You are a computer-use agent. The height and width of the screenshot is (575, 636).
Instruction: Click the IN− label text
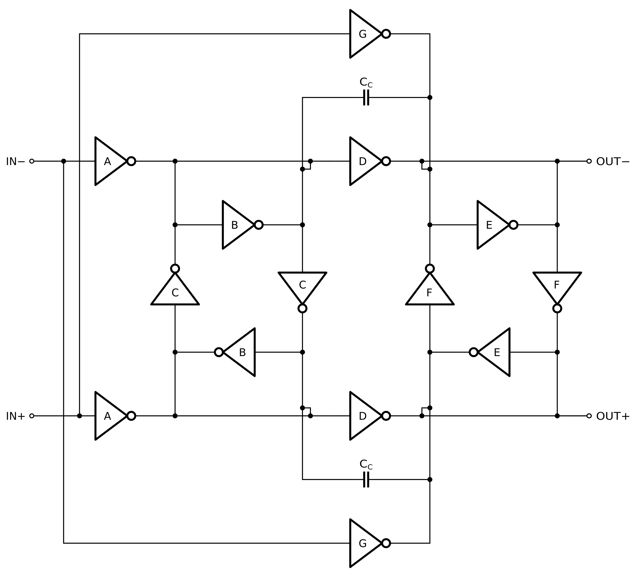15,161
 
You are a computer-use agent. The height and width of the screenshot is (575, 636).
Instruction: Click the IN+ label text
15,416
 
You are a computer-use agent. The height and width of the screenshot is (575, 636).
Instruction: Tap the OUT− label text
612,161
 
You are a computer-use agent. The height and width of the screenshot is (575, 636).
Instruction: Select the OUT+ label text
612,416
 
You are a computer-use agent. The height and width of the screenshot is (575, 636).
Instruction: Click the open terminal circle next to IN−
32,161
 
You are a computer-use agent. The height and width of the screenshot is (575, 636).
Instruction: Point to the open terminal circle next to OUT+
589,416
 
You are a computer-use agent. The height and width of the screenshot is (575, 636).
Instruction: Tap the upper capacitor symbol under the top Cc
366,97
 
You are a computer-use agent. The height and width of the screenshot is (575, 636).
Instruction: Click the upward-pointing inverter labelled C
175,292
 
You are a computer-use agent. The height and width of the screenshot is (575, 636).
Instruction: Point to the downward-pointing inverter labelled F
557,286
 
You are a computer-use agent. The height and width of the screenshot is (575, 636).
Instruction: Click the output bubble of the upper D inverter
386,161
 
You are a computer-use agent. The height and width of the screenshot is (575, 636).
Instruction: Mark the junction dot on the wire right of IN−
63,161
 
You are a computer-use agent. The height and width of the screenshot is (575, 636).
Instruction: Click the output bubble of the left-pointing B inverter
219,352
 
